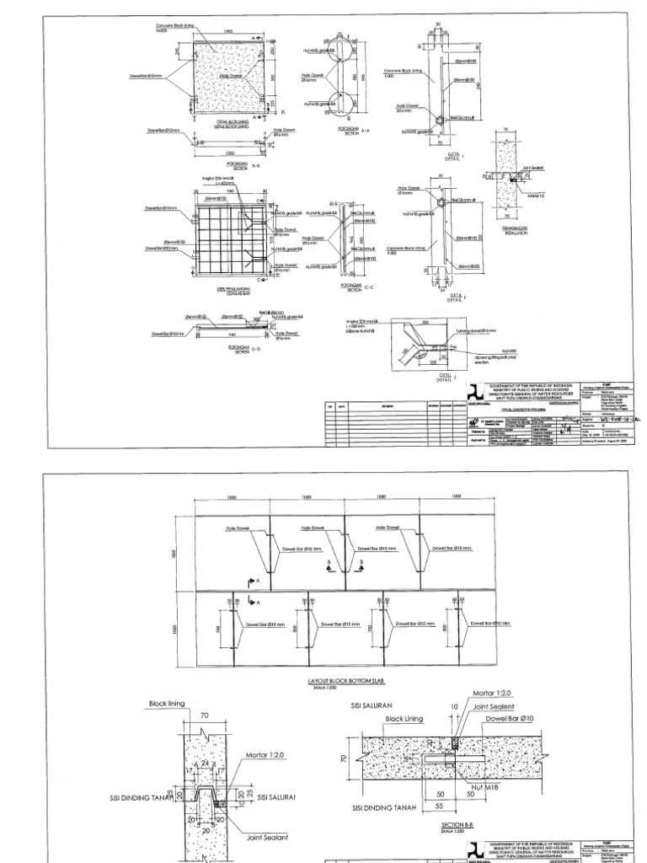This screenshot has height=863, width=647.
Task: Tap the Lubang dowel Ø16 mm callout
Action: coord(478,331)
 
